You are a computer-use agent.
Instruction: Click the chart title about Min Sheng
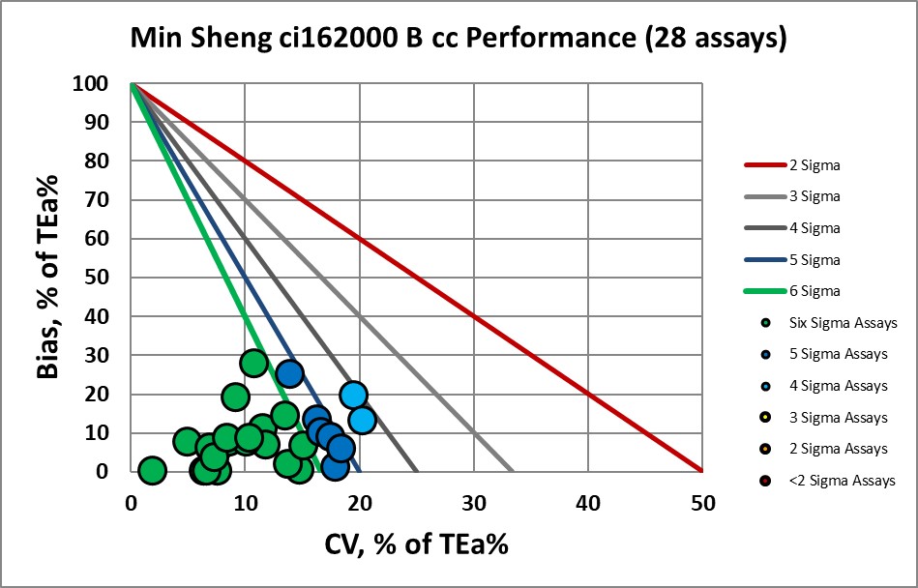(x=459, y=40)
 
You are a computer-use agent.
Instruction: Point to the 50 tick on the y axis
(x=100, y=278)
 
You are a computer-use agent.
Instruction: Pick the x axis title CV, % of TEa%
(x=416, y=544)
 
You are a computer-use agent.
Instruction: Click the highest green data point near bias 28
(x=253, y=364)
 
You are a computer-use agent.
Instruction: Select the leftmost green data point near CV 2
(x=152, y=470)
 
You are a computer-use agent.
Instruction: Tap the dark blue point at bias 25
(x=289, y=373)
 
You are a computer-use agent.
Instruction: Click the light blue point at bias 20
(x=353, y=395)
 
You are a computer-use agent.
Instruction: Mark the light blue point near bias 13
(x=361, y=420)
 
